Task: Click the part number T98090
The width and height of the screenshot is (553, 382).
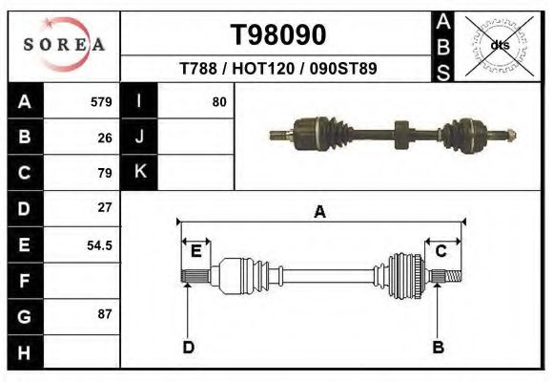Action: (278, 35)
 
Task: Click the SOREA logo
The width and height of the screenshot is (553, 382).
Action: (63, 45)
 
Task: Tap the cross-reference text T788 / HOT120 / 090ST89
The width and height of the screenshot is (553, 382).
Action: (277, 70)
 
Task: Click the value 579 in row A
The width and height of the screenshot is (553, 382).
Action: (101, 101)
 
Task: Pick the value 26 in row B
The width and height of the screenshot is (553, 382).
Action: (105, 138)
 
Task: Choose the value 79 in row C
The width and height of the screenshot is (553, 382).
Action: (105, 173)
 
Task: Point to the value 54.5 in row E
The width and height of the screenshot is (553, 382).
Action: (100, 244)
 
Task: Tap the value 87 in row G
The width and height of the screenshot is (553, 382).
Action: (105, 314)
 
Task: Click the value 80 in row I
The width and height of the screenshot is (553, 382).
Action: (219, 101)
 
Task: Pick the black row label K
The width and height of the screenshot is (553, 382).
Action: (139, 173)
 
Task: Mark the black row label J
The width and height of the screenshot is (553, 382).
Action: (139, 138)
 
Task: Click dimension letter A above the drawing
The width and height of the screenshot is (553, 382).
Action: (320, 212)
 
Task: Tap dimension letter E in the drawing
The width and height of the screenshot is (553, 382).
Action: (196, 251)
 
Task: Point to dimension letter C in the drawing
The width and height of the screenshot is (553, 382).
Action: (441, 251)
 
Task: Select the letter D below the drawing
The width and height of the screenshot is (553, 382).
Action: (189, 347)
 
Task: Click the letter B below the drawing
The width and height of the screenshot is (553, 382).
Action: (439, 347)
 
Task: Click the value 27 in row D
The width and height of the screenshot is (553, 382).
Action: (105, 207)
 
